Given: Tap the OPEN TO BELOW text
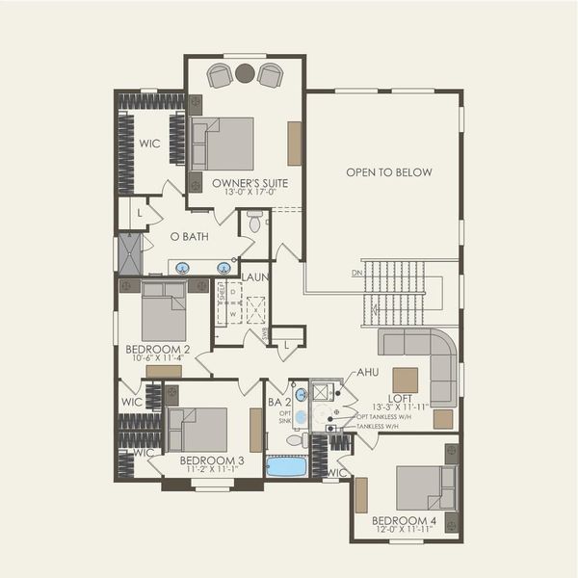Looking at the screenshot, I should (389, 172).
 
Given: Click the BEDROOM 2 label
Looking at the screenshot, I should (157, 350).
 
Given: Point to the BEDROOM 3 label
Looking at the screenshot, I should (212, 460).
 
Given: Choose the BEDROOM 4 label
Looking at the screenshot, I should (405, 521).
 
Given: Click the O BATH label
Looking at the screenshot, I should (189, 236).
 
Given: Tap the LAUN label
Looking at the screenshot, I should (255, 277).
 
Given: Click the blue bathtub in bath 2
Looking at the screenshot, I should (286, 466).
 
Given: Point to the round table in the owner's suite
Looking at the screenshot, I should (245, 72).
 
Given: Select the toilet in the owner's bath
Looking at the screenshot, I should (255, 223).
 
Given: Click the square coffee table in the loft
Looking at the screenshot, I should (406, 380).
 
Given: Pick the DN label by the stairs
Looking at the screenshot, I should (357, 273).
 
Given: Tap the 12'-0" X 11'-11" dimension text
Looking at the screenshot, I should (405, 532).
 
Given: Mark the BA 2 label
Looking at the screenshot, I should (279, 402).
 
